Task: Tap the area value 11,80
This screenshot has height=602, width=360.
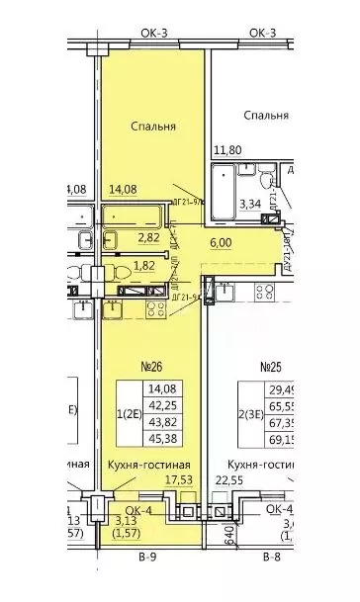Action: click(226, 151)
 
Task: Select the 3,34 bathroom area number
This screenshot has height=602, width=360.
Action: click(252, 205)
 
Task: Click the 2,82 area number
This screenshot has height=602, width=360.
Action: click(147, 238)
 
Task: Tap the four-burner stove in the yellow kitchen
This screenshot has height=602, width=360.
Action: click(155, 308)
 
